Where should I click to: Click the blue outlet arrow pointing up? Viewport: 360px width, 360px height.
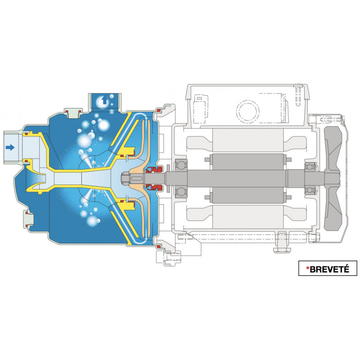pos(104,100)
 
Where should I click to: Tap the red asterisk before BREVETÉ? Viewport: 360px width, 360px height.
pos(308,268)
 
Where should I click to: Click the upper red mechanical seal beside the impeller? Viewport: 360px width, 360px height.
pos(152,170)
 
